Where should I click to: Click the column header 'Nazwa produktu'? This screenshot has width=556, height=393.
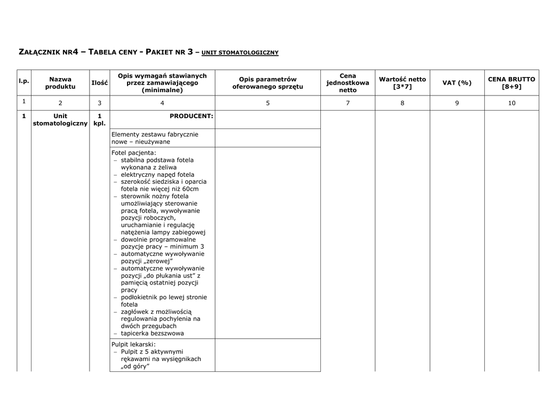[x=60, y=83]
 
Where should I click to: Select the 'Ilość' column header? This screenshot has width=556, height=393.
[x=99, y=83]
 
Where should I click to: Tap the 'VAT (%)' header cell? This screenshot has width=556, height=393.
[x=457, y=83]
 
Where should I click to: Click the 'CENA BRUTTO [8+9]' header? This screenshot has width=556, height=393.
[x=511, y=83]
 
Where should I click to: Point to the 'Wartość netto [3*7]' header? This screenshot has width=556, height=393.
[x=402, y=83]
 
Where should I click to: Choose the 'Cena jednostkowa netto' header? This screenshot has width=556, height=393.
[x=347, y=83]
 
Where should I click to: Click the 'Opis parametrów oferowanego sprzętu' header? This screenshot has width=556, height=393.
[x=268, y=83]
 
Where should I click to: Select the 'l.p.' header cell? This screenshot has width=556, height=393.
[x=24, y=81]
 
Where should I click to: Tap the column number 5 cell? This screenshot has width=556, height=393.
[x=268, y=103]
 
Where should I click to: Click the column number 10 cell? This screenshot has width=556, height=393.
[x=511, y=103]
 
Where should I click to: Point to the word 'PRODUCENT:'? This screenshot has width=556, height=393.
[x=191, y=116]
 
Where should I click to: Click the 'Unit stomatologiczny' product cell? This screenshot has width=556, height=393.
[x=60, y=120]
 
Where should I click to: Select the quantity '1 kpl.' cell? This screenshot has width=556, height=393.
[x=99, y=120]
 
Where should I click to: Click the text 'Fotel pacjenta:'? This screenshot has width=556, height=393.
[x=134, y=153]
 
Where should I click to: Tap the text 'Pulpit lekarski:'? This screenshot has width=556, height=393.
[x=134, y=344]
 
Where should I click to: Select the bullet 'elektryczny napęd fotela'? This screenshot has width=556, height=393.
[x=157, y=175]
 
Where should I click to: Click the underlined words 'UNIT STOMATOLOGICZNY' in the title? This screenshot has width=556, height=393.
[x=239, y=53]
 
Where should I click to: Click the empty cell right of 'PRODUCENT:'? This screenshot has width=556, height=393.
[x=268, y=120]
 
